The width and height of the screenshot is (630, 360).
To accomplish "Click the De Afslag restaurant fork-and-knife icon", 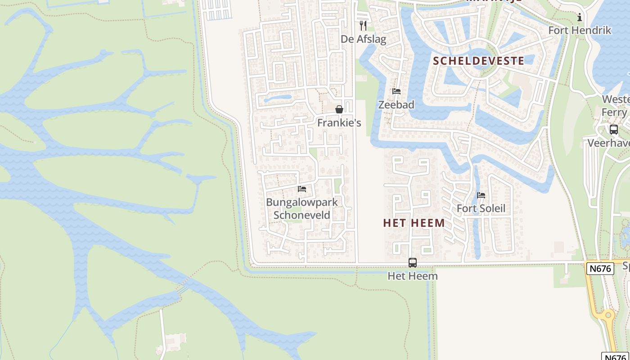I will (x=363, y=26).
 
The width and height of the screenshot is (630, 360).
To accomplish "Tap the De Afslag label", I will (x=363, y=39).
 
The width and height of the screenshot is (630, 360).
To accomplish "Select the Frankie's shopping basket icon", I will (x=339, y=109).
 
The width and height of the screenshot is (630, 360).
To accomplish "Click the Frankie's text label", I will (x=339, y=123).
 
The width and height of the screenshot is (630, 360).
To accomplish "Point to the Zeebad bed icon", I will (x=396, y=91).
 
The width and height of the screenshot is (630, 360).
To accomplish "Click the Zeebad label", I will (x=396, y=105).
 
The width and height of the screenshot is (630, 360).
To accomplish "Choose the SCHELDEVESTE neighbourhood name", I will (x=478, y=61).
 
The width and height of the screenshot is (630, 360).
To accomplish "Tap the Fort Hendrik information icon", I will (x=580, y=18).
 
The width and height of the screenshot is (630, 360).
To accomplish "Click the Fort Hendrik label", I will (x=580, y=31).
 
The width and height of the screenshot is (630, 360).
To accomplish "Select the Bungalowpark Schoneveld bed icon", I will (x=302, y=189).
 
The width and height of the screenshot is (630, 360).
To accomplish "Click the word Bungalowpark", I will (x=302, y=202).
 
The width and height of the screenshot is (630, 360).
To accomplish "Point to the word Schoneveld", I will (x=302, y=215).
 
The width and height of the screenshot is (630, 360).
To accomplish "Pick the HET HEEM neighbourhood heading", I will (x=414, y=223).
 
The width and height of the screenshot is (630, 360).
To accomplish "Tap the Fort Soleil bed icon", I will (x=481, y=195).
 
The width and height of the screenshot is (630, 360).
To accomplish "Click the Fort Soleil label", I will (x=481, y=208).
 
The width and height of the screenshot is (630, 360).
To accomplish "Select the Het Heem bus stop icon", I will (x=413, y=263).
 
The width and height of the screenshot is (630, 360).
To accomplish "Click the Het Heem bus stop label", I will (x=413, y=276).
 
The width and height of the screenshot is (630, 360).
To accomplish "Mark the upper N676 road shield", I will (x=600, y=269).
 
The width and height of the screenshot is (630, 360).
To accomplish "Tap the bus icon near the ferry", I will (x=613, y=130).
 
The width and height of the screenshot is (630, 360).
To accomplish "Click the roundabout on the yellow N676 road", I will (x=608, y=315).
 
